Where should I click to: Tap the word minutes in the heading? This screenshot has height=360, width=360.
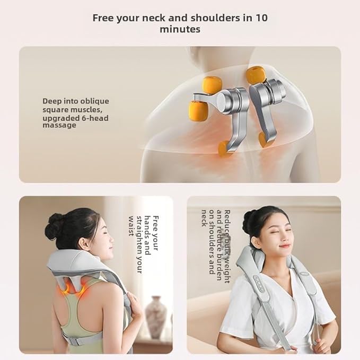click(180, 30)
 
